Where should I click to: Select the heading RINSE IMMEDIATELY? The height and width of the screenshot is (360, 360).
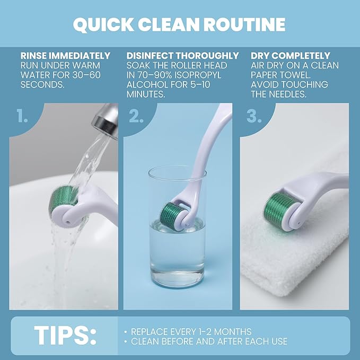pyautogui.click(x=65, y=56)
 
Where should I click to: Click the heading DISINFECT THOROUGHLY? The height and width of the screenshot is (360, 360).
pyautogui.click(x=182, y=56)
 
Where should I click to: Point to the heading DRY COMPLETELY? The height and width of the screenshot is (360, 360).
pyautogui.click(x=290, y=56)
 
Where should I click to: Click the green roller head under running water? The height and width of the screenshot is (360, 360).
pyautogui.click(x=62, y=199)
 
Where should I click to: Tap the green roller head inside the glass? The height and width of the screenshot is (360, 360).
pyautogui.click(x=170, y=214)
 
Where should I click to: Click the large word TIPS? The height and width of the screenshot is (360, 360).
pyautogui.click(x=65, y=336)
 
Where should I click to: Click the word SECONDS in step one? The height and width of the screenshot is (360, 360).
pyautogui.click(x=42, y=85)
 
